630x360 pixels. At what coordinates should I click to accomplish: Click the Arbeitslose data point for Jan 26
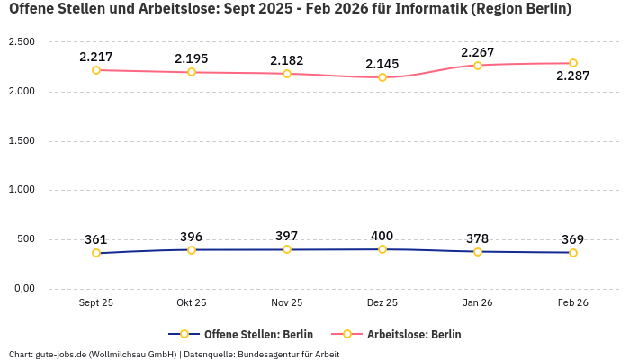pyautogui.click(x=478, y=66)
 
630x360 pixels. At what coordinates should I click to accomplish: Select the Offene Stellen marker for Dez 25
pyautogui.click(x=382, y=249)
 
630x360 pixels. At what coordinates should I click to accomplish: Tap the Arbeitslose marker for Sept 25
pyautogui.click(x=96, y=70)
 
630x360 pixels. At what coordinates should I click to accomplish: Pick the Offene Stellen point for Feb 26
pyautogui.click(x=573, y=253)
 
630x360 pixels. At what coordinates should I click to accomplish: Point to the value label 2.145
pyautogui.click(x=382, y=64)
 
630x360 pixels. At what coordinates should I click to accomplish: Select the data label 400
pyautogui.click(x=382, y=236)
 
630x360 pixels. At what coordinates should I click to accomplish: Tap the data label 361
pyautogui.click(x=96, y=239)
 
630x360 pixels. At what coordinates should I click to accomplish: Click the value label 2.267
pyautogui.click(x=477, y=52)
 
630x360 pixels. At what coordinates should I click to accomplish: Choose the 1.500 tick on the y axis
pyautogui.click(x=21, y=141)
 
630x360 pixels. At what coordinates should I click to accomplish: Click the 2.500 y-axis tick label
pyautogui.click(x=21, y=42)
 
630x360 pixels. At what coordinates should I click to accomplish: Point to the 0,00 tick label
pyautogui.click(x=22, y=289)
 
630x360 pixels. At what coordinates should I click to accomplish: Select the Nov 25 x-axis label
pyautogui.click(x=287, y=303)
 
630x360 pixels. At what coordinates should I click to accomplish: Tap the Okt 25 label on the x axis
pyautogui.click(x=192, y=303)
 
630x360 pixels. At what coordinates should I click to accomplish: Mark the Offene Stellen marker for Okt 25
pyautogui.click(x=192, y=250)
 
